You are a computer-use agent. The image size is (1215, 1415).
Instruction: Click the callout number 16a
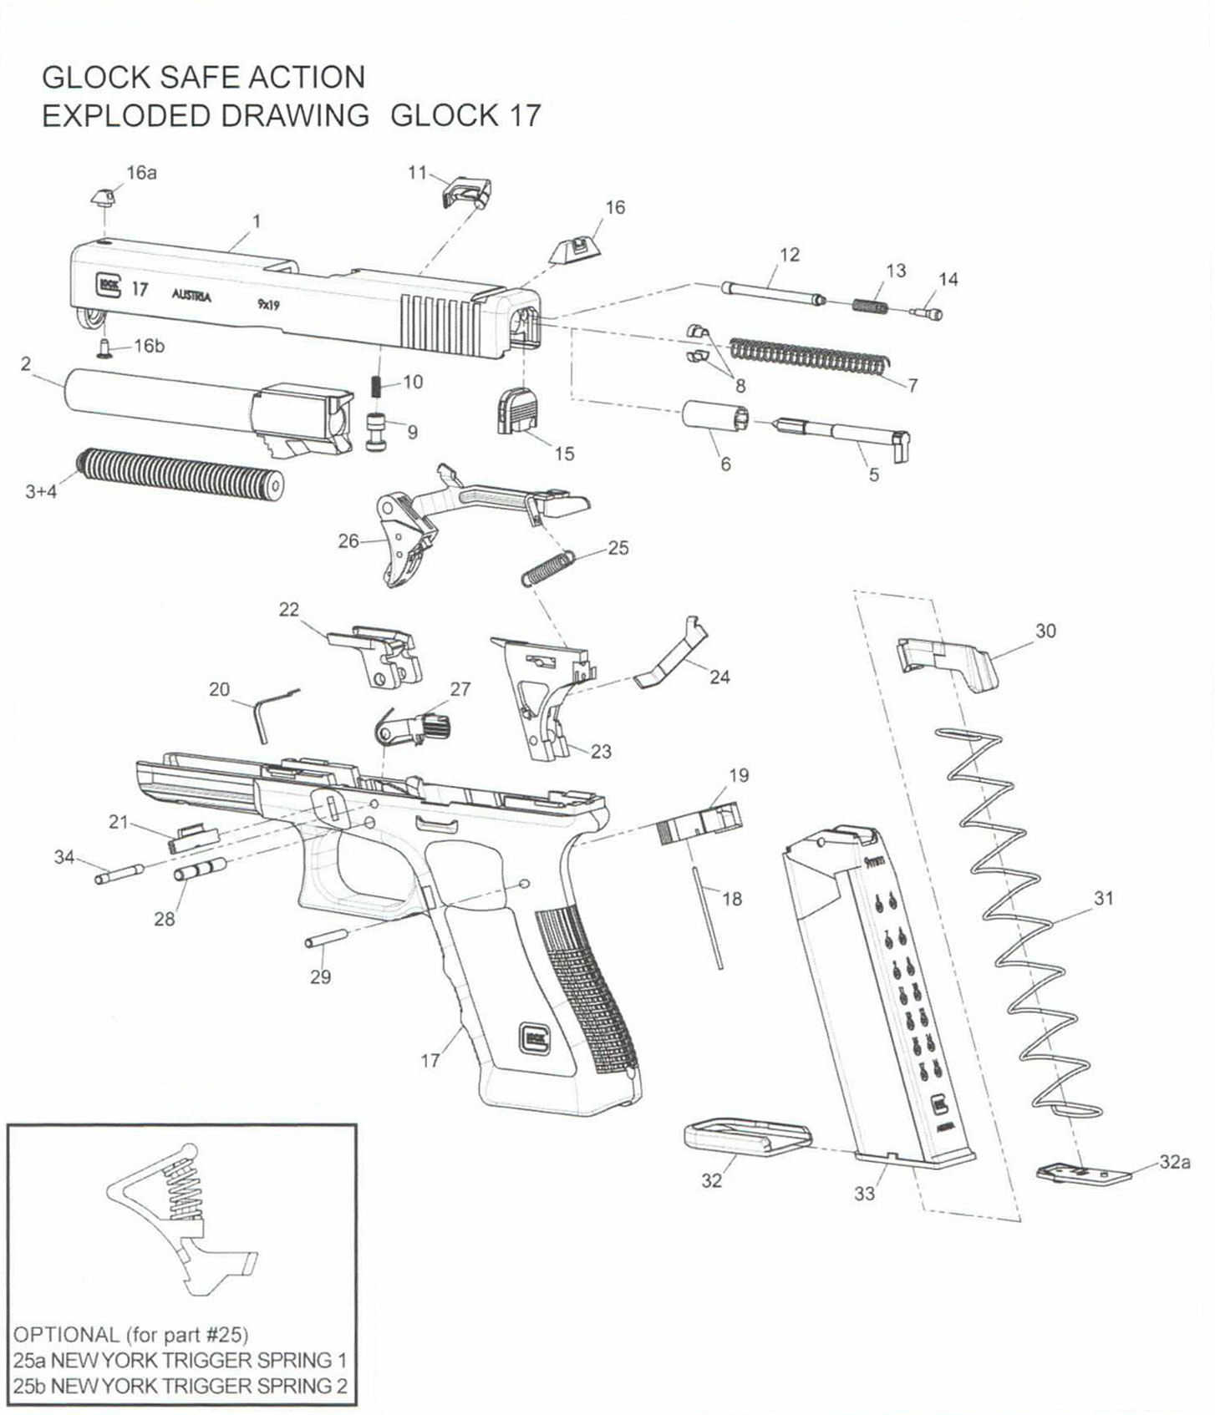[x=141, y=173]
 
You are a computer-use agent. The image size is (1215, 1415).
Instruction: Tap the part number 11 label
[x=417, y=173]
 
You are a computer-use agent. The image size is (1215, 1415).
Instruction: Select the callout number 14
[x=948, y=279]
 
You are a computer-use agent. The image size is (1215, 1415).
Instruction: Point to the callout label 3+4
[x=41, y=491]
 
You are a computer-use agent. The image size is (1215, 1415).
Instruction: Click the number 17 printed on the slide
[x=140, y=289]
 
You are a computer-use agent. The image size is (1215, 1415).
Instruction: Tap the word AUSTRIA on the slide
[x=191, y=296]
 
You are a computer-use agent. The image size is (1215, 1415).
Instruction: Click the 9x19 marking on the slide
[x=268, y=305]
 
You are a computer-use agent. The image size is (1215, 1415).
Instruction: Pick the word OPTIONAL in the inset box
[x=66, y=1334]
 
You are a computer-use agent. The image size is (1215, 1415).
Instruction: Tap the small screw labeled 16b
[x=104, y=346]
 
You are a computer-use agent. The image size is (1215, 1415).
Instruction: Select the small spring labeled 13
[x=872, y=305]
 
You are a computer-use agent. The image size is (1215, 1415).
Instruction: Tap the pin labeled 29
[x=328, y=940]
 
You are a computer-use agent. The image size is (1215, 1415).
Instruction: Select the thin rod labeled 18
[x=707, y=917]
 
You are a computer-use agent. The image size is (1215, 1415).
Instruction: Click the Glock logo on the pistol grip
[x=533, y=1037]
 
